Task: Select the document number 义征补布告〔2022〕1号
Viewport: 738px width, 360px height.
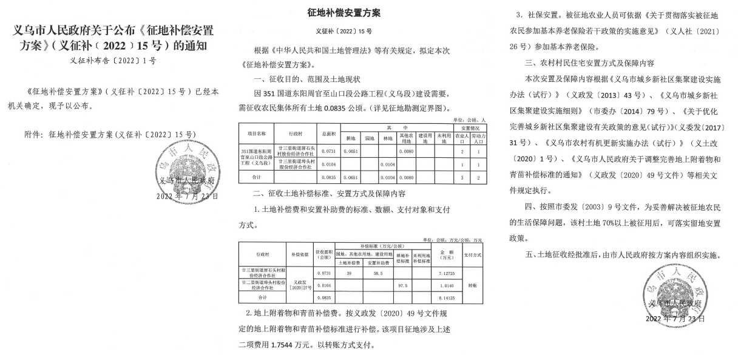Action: [113, 61]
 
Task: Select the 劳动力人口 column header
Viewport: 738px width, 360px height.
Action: [478, 138]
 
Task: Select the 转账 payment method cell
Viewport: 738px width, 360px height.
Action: [475, 284]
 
